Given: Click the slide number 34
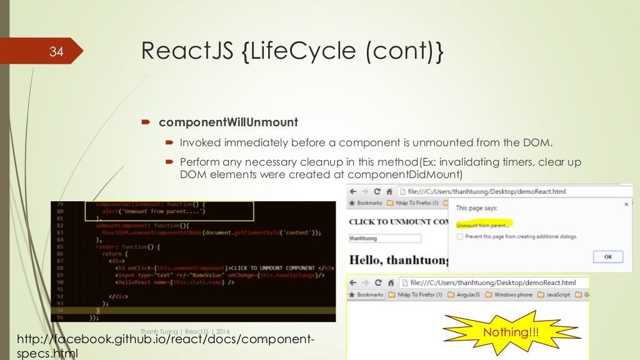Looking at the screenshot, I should click(57, 52).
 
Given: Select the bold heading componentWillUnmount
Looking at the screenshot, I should click(229, 122).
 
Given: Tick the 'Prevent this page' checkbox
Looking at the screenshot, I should click(460, 237).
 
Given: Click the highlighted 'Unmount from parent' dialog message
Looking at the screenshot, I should click(482, 224).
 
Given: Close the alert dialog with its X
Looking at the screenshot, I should click(626, 204).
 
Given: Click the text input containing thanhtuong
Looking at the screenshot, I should click(385, 238).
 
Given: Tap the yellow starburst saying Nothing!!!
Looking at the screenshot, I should click(507, 332).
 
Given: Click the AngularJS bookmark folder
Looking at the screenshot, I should click(468, 294).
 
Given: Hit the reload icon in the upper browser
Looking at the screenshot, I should click(377, 192).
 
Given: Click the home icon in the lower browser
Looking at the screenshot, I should click(389, 282).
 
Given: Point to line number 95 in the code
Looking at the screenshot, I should click(59, 317).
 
